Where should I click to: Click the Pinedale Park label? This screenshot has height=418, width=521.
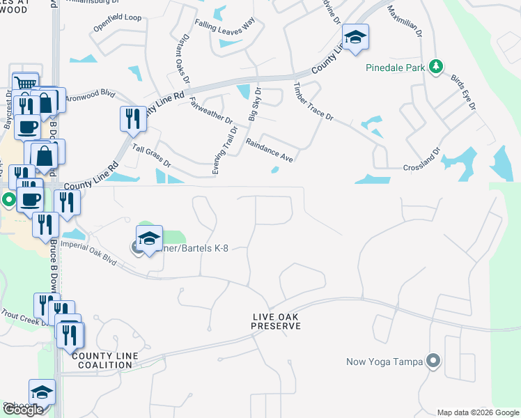click(x=395, y=69)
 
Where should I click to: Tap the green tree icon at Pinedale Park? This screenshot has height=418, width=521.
click(x=436, y=66)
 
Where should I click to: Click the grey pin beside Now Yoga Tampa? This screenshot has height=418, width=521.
click(x=433, y=361)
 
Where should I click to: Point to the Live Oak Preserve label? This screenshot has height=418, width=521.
click(x=275, y=321)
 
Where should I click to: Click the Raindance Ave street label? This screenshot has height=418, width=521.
click(x=269, y=150)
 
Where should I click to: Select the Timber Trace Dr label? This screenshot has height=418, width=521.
click(x=313, y=102)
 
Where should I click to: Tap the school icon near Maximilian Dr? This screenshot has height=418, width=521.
click(x=355, y=38)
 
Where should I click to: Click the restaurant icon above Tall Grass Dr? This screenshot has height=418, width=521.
click(x=132, y=118)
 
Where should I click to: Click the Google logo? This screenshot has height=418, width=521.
click(x=23, y=410)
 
